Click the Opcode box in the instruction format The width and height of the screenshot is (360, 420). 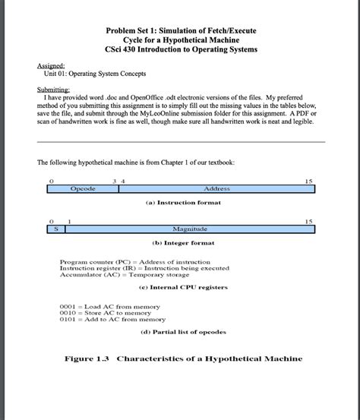coord(83,188)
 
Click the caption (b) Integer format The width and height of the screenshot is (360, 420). coord(179,242)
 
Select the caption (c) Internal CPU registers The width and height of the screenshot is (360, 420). coord(179,289)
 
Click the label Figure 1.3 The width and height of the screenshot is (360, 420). coord(84,358)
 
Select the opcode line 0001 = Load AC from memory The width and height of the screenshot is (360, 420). coord(110,306)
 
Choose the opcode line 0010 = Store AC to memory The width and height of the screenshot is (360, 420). coord(109,313)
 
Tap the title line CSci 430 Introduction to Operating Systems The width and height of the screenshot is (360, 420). coord(181,49)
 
